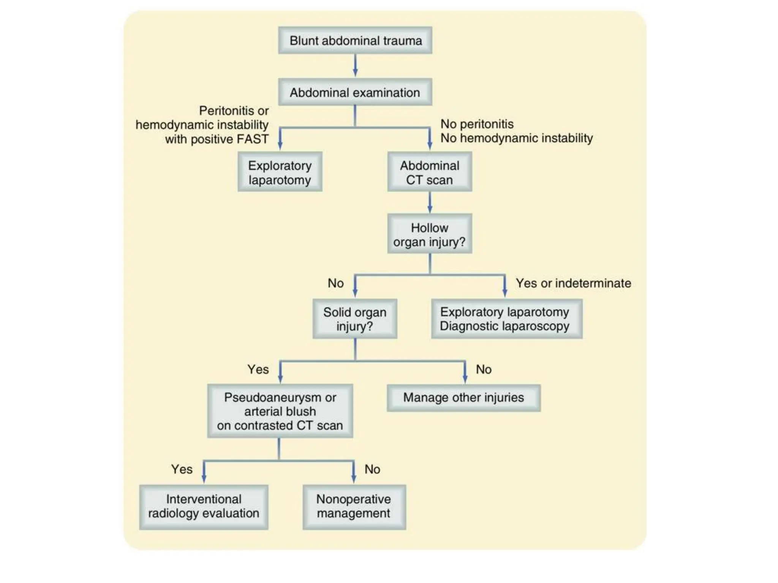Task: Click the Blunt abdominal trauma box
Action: coord(355,40)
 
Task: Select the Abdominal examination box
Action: coord(355,92)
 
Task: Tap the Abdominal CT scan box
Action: coord(429,172)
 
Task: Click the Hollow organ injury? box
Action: coord(429,234)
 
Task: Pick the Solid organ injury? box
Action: coord(355,319)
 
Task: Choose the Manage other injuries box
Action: coord(463,397)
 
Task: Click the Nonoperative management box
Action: coord(354,506)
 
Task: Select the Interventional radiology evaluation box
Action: coord(204,506)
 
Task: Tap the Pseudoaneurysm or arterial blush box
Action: coord(280,411)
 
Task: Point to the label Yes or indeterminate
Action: coord(573,283)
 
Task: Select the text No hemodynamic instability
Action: coord(516,138)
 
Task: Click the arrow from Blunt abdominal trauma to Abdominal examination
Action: coord(355,66)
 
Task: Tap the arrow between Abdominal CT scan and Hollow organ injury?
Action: coord(430,203)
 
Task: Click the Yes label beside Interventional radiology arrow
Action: coord(182,469)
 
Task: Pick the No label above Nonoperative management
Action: coord(372,469)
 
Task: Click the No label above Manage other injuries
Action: coord(484,369)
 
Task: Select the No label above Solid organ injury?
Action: coord(335,283)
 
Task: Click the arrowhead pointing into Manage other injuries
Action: coord(465,380)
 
